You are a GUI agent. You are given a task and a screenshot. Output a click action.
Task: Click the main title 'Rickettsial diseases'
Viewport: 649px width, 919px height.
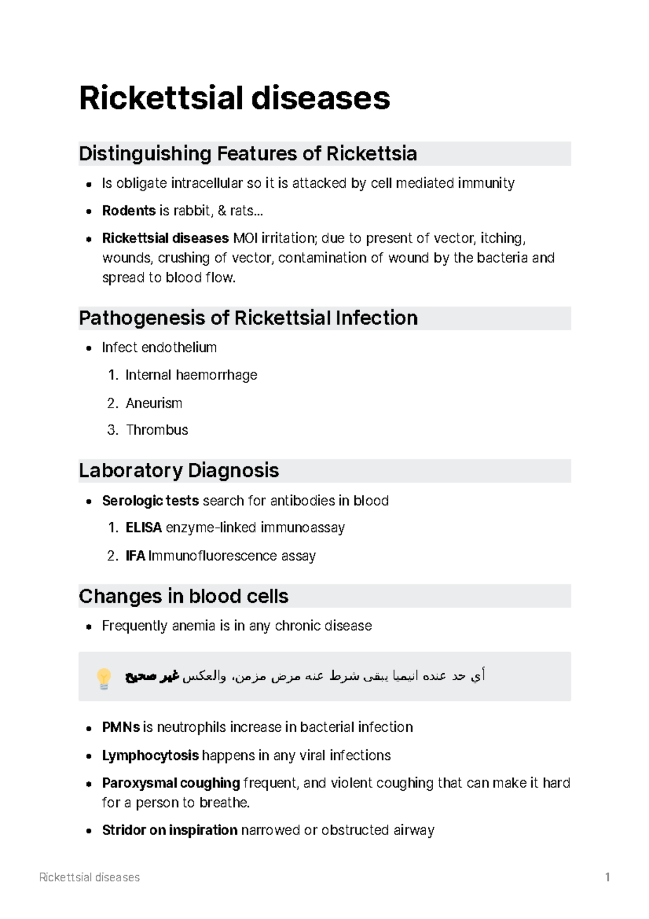coord(234,99)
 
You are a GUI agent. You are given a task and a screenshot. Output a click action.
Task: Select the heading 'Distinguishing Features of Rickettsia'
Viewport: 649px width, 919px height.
coord(248,154)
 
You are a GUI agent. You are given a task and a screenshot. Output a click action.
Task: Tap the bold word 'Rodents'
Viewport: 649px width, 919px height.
coord(129,211)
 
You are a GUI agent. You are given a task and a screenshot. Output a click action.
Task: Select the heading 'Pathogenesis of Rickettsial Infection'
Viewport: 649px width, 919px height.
coord(248,318)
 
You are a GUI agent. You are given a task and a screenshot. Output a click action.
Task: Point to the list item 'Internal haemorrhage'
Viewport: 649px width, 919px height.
coord(191,375)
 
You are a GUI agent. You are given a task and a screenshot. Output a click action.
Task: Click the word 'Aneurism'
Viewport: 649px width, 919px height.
coord(154,403)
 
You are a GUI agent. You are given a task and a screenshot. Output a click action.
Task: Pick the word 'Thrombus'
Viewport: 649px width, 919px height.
coord(157,430)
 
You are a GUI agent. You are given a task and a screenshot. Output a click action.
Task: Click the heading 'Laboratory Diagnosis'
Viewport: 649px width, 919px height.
coord(178,470)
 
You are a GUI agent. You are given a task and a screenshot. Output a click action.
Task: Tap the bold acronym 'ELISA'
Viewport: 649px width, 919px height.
coord(143,528)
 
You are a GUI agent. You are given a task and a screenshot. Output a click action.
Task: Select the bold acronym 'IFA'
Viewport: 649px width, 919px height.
coord(135,556)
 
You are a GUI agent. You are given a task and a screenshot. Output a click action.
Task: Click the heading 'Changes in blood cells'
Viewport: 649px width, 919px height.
coord(183,596)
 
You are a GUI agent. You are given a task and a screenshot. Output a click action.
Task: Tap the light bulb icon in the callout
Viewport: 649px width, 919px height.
coord(103,677)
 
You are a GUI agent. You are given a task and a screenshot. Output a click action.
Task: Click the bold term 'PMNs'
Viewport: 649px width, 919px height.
coord(121,727)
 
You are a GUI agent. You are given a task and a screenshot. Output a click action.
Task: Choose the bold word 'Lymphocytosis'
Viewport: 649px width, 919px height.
coord(150,755)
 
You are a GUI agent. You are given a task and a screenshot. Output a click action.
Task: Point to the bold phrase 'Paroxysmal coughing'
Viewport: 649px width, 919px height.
coord(171,783)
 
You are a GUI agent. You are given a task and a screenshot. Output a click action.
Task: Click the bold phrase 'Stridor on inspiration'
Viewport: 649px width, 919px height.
coord(170,830)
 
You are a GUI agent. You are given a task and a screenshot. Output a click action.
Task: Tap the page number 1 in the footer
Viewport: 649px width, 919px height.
coord(608,877)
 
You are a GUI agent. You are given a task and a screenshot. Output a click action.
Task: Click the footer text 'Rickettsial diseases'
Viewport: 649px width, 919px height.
coord(90,877)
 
